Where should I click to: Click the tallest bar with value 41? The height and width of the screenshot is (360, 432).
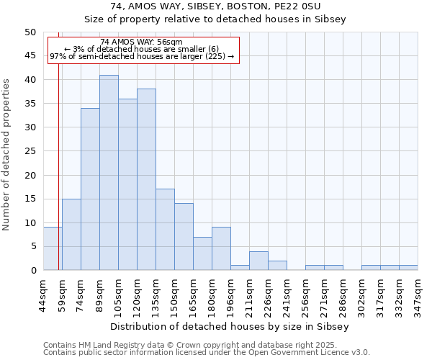pyautogui.click(x=109, y=173)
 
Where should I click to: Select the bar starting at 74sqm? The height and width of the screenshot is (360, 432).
pyautogui.click(x=90, y=189)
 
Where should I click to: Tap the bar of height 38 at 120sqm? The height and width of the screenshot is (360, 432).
pyautogui.click(x=146, y=180)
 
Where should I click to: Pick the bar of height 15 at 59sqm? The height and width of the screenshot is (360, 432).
pyautogui.click(x=71, y=235)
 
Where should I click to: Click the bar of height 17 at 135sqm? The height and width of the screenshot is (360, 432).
pyautogui.click(x=165, y=230)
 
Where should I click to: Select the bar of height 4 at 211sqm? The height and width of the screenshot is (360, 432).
pyautogui.click(x=258, y=261)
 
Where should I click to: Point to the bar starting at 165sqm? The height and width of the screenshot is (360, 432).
pyautogui.click(x=202, y=253)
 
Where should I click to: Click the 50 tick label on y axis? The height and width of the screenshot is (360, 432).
pyautogui.click(x=30, y=32)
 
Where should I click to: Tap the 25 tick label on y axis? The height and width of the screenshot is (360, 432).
pyautogui.click(x=30, y=151)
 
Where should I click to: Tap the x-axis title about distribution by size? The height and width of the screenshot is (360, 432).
pyautogui.click(x=230, y=326)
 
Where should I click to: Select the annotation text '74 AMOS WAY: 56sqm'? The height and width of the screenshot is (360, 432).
pyautogui.click(x=142, y=42)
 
